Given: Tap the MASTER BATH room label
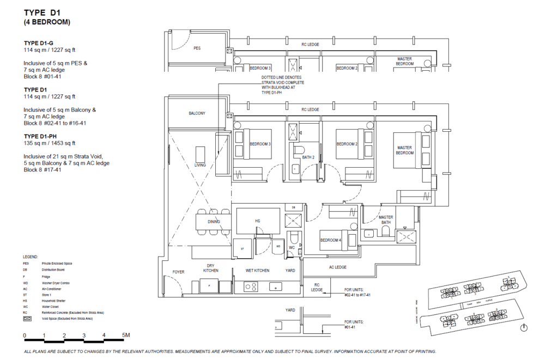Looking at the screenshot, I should pyautogui.click(x=386, y=220).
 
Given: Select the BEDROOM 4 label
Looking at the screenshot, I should pyautogui.click(x=330, y=240).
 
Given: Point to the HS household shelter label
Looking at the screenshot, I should pyautogui.click(x=258, y=221).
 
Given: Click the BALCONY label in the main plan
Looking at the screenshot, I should pyautogui.click(x=197, y=113).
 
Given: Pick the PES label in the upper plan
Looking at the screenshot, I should pyautogui.click(x=197, y=48).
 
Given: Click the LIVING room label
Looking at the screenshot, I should pyautogui.click(x=200, y=164).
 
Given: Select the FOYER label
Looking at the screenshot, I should pyautogui.click(x=179, y=271).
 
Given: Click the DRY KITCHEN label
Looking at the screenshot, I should pyautogui.click(x=211, y=268).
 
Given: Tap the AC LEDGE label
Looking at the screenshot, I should pyautogui.click(x=338, y=267).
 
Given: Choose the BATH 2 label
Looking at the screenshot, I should pyautogui.click(x=308, y=157).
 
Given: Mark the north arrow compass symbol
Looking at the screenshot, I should pyautogui.click(x=524, y=327).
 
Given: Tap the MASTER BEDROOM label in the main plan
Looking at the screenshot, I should pyautogui.click(x=404, y=150).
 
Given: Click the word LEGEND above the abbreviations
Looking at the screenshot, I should pyautogui.click(x=31, y=256).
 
